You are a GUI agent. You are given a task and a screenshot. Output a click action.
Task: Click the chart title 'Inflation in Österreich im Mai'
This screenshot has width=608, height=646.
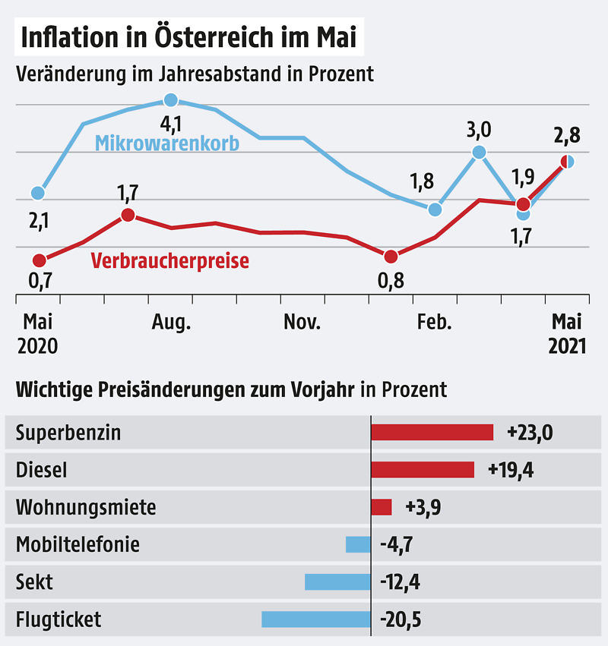(x=188, y=37)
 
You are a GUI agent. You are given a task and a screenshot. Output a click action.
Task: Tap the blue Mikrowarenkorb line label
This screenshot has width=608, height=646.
(x=166, y=143)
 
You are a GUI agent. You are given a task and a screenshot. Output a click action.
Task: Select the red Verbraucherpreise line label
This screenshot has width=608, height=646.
(x=169, y=261)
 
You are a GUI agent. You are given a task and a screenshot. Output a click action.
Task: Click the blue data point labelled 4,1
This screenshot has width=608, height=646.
(x=171, y=100)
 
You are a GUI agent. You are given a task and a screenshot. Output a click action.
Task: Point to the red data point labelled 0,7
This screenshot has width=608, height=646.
(x=39, y=260)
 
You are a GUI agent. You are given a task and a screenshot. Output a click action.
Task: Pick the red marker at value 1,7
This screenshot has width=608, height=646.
(x=128, y=215)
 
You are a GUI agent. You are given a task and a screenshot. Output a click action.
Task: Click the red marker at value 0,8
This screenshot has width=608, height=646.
(x=391, y=257)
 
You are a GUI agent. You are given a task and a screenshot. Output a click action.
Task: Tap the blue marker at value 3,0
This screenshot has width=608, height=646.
(x=479, y=152)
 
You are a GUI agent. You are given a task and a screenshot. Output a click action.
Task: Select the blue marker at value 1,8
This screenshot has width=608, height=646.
(x=435, y=209)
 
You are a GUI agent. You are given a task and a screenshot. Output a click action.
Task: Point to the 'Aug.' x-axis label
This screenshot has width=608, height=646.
(x=171, y=323)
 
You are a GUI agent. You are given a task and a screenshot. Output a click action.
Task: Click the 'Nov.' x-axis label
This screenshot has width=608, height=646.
(x=302, y=323)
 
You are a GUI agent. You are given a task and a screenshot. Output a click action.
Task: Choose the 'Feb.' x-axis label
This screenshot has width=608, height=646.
(x=434, y=323)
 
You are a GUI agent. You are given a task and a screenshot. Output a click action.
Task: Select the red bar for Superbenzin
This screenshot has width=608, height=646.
(x=432, y=432)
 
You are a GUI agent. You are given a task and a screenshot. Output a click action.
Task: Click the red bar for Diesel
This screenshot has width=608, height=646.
(x=423, y=470)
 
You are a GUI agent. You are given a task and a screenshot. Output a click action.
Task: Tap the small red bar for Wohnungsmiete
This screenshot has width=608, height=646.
(x=381, y=507)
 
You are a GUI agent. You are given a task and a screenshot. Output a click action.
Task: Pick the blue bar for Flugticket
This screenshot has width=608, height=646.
(x=316, y=619)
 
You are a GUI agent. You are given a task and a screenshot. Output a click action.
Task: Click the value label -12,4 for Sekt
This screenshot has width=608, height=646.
(x=400, y=582)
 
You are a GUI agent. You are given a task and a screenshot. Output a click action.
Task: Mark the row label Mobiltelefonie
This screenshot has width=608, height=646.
(x=78, y=544)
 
